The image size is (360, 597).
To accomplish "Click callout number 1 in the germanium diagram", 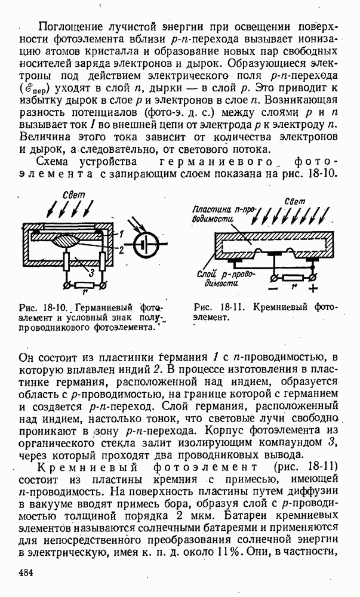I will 121,232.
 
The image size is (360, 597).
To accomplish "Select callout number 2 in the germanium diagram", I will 121,250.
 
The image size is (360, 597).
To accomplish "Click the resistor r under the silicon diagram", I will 293,278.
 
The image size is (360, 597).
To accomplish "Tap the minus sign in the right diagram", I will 273,289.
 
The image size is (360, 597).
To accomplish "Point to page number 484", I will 26,573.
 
